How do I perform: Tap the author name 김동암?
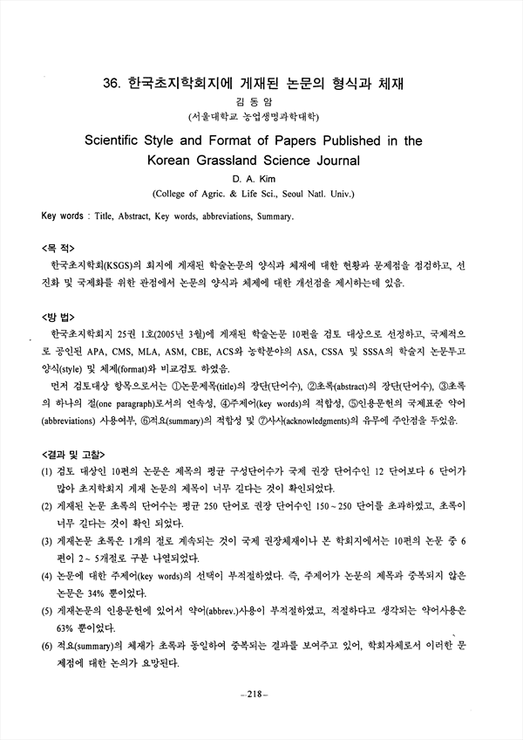pos(261,101)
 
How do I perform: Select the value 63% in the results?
pos(70,627)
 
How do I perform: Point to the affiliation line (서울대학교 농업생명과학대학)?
pos(261,116)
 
